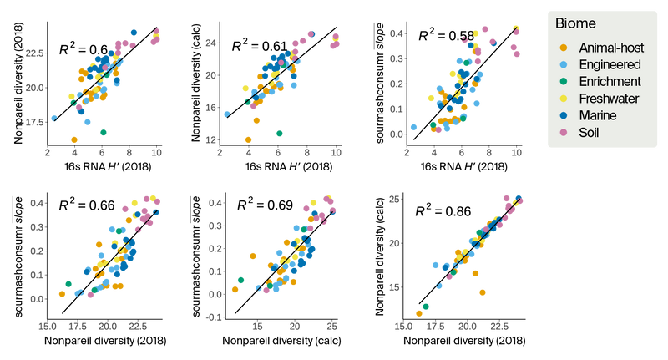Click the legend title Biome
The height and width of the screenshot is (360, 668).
575,23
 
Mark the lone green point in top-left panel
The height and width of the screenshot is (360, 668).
104,132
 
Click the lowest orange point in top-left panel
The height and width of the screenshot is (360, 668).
74,139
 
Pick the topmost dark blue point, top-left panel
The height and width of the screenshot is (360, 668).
134,32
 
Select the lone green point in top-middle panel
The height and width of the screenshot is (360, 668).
279,133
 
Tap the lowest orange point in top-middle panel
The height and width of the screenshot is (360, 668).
248,139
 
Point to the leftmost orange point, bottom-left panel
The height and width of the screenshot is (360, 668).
62,293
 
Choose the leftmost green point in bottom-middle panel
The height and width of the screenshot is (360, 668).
240,280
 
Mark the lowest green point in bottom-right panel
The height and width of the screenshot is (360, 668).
426,307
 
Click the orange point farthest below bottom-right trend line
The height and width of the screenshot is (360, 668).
483,292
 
